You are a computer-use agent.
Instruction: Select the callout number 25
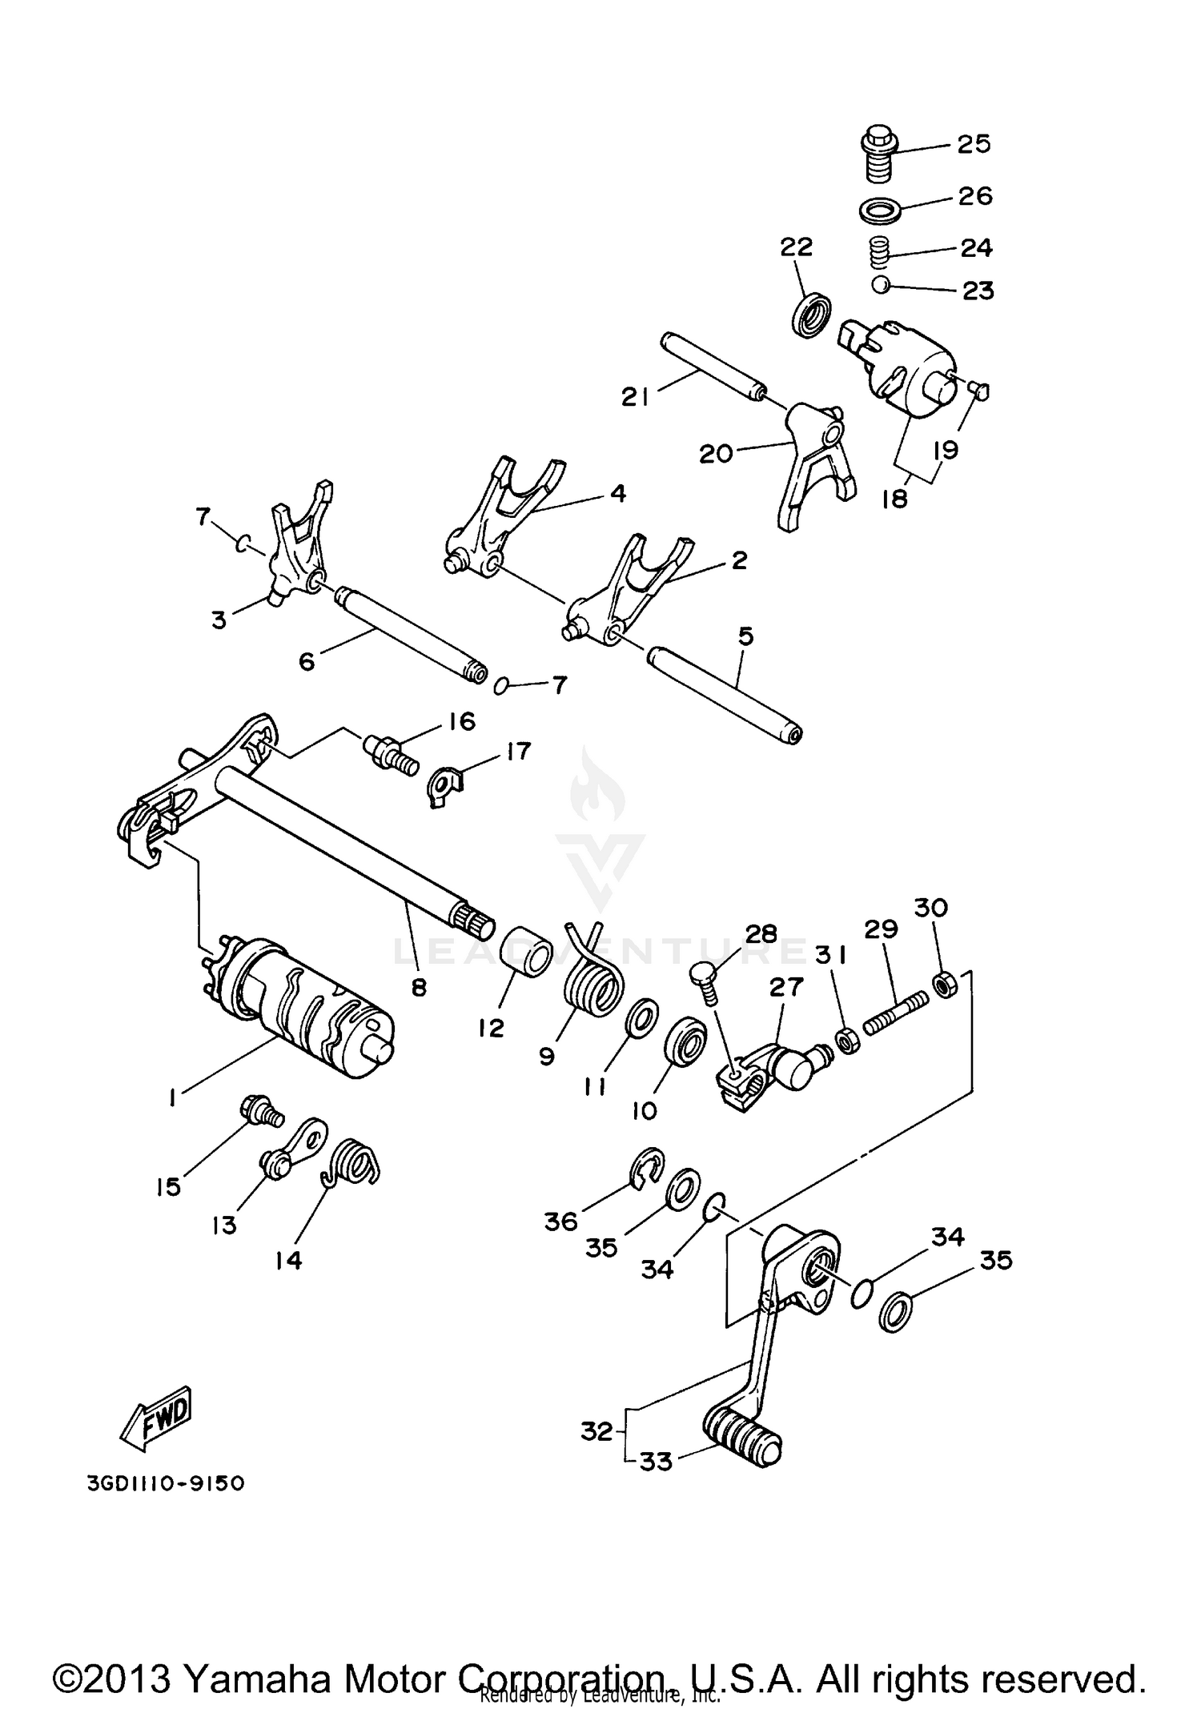(974, 144)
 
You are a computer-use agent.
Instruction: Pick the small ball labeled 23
(881, 284)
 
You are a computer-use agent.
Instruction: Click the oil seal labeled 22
(811, 315)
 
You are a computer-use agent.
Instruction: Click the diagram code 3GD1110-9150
(166, 1483)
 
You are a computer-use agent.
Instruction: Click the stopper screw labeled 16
(391, 756)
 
